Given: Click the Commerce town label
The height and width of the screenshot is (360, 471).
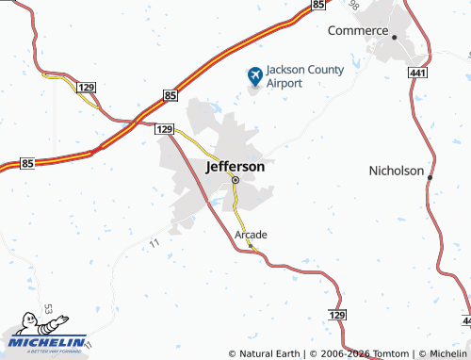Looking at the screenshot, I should coord(358,30).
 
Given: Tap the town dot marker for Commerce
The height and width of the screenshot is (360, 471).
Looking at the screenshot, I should coord(395,37).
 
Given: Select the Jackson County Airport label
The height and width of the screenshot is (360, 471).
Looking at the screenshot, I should coord(305,75).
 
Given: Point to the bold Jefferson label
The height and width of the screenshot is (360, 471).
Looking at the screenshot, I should coord(235,166).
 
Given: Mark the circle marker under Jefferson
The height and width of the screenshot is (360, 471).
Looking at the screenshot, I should coord(235,179).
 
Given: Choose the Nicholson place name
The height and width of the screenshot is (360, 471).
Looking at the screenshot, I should coord(396,172).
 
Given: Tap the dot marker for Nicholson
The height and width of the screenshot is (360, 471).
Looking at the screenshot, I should coord(430,177).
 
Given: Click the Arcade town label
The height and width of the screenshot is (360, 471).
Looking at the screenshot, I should coord(251,234).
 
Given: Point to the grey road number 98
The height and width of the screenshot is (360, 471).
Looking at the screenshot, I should coord(353,7).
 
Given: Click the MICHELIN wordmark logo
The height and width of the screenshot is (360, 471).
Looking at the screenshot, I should coord(48,342).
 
